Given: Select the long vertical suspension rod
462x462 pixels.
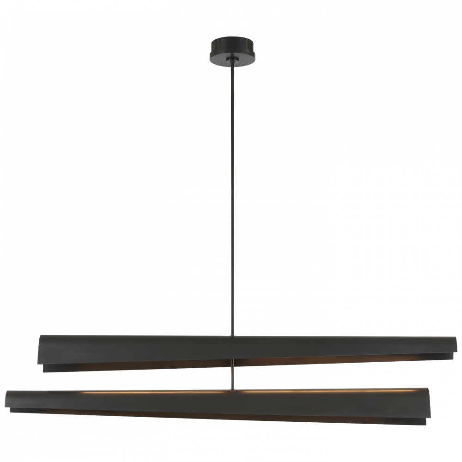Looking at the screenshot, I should click(x=232, y=194).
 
